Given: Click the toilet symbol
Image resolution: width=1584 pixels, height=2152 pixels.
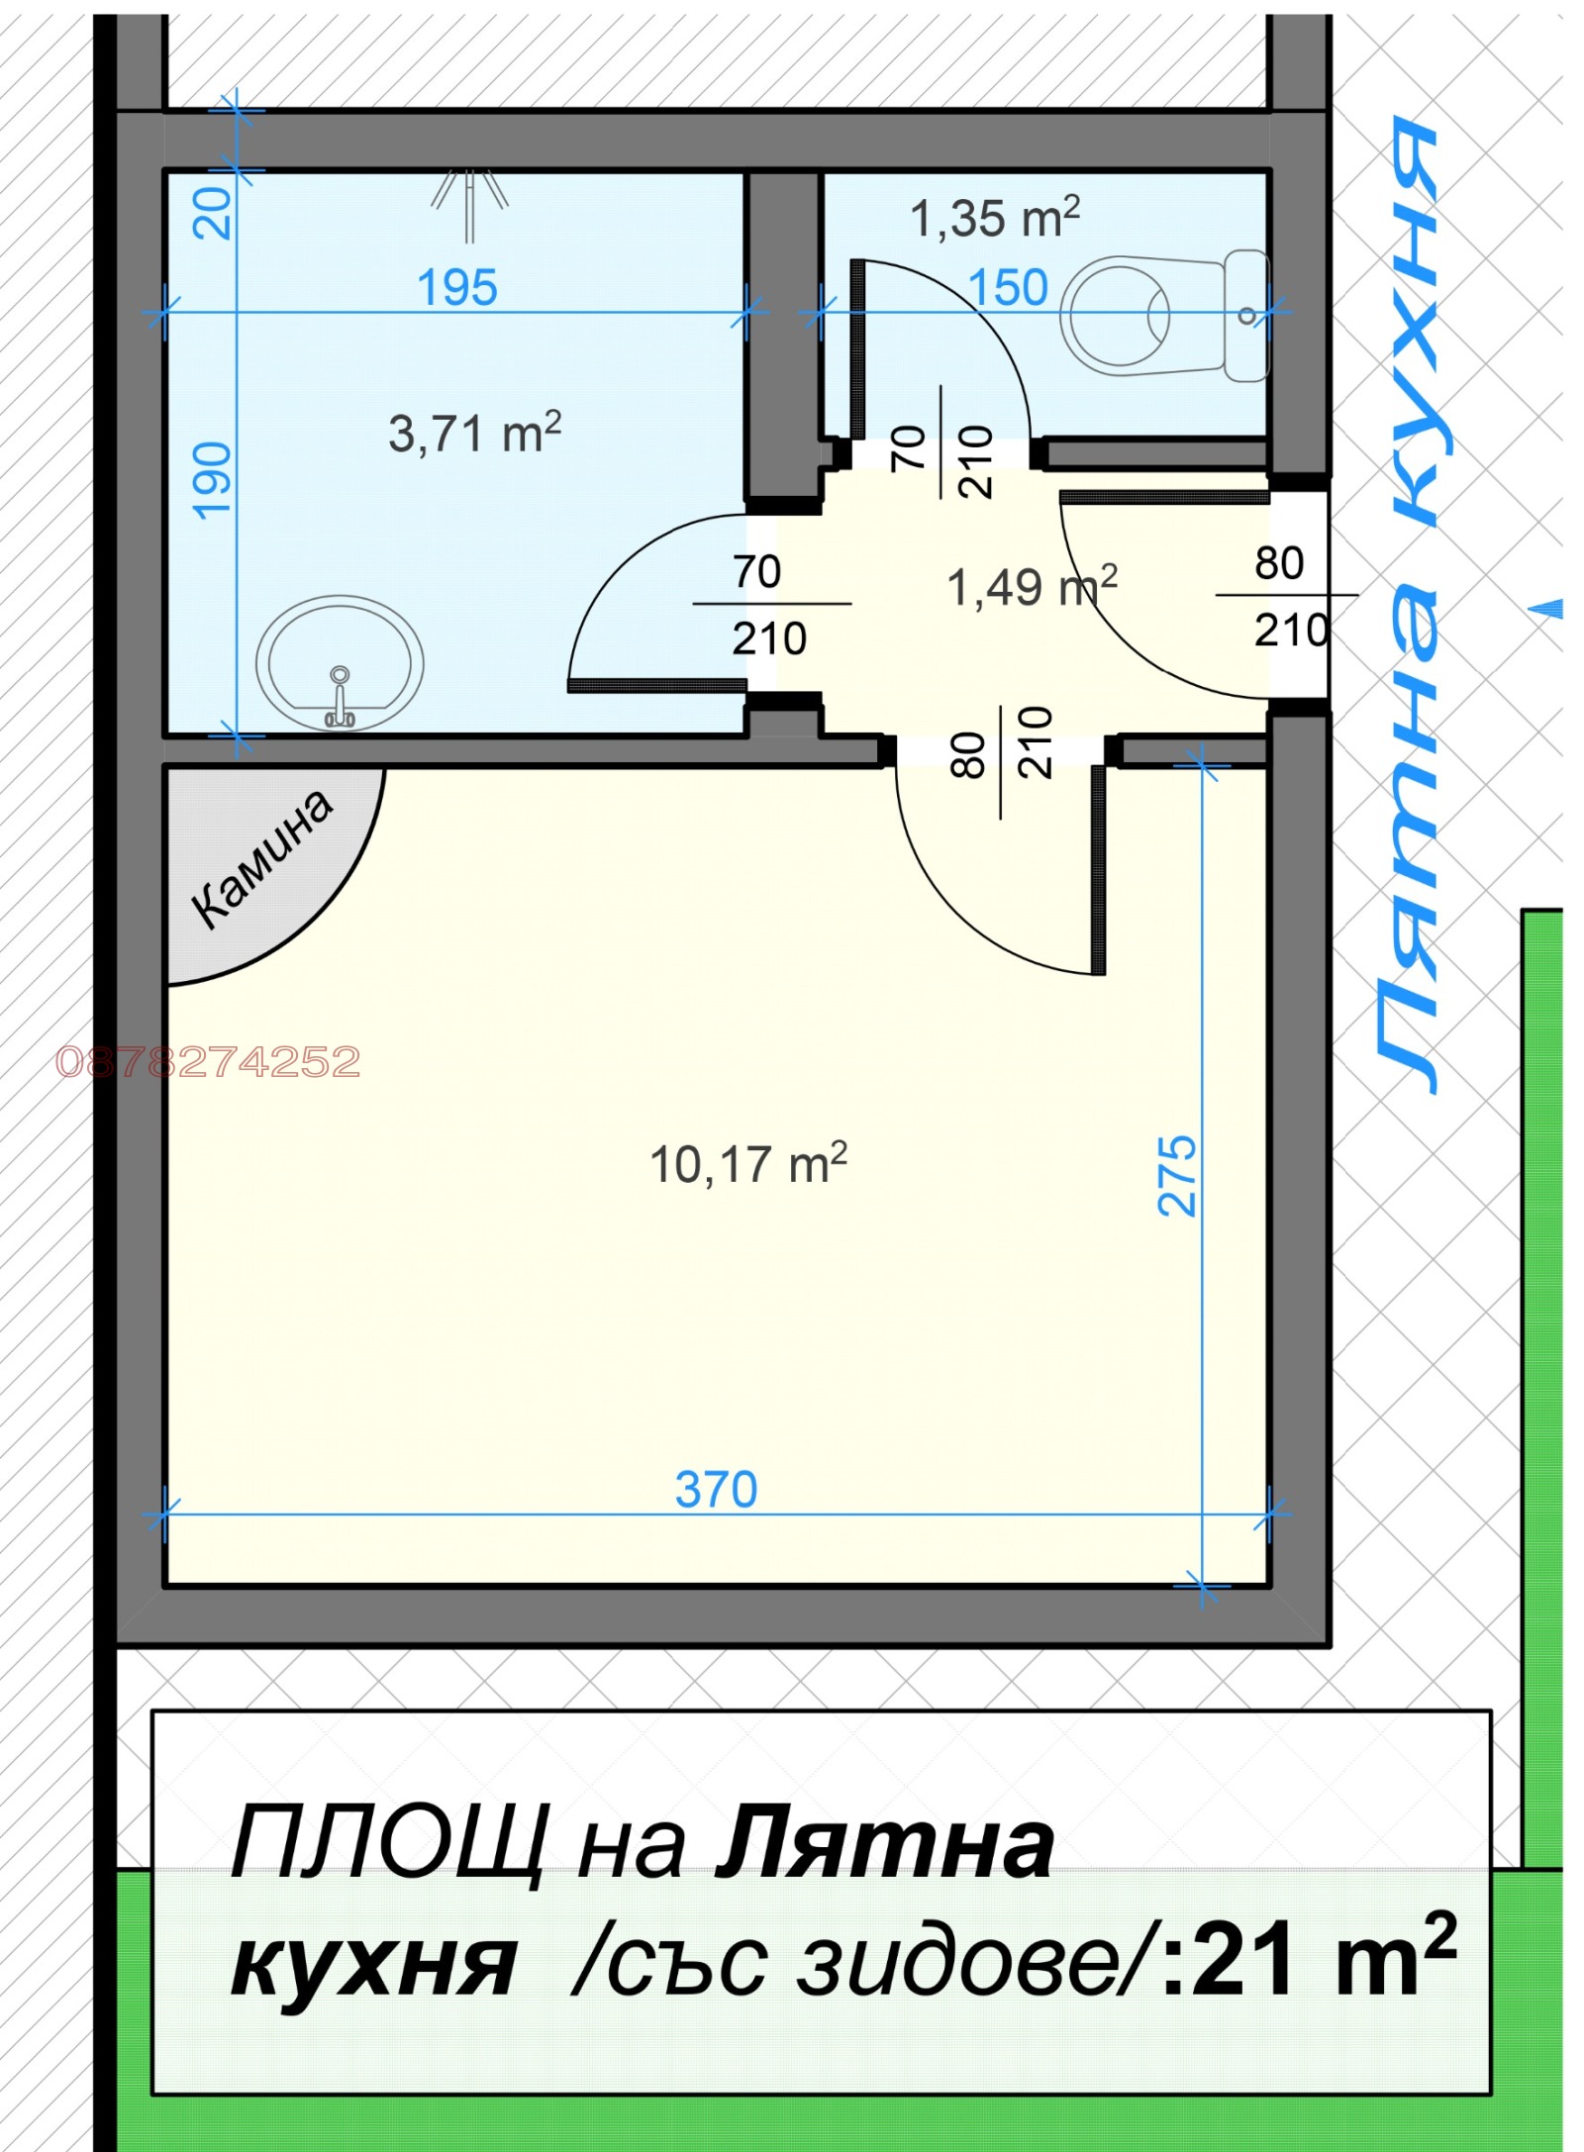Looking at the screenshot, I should [x=1163, y=315].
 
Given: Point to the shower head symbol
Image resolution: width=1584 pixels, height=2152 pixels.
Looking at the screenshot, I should [x=469, y=203].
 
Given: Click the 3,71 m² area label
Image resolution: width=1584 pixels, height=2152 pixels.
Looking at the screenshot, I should [x=474, y=434].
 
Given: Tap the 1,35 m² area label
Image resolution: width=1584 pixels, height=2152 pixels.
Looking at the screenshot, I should [x=994, y=218].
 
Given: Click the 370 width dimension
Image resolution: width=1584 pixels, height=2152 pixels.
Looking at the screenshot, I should [x=716, y=1490].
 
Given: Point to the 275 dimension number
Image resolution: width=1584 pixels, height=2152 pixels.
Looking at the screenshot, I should [x=1177, y=1175].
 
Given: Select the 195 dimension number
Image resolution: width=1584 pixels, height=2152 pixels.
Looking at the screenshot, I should [x=456, y=288].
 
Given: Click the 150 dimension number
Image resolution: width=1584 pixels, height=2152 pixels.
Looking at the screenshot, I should [x=1007, y=288].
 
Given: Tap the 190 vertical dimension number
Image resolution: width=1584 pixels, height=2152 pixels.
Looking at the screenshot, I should [x=213, y=481].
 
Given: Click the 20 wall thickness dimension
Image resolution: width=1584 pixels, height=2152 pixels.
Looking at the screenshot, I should [x=213, y=212].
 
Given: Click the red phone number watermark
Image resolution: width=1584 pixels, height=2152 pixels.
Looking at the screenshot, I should [x=208, y=1062].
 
